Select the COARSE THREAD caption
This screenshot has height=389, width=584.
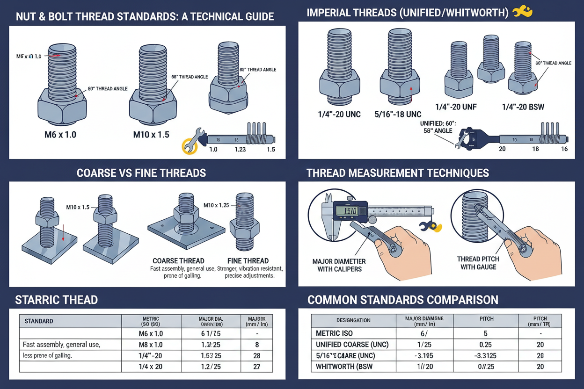click(178, 261)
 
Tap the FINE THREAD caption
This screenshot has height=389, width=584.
click(248, 261)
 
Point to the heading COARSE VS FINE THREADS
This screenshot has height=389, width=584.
click(141, 173)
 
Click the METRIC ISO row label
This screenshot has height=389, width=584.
click(335, 333)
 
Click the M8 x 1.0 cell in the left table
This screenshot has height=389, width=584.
click(151, 345)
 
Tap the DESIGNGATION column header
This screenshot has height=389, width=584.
click(353, 320)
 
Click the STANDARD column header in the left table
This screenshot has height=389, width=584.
click(39, 321)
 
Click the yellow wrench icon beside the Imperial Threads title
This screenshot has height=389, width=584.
click(523, 12)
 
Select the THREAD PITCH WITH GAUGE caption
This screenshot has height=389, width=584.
click(478, 263)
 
